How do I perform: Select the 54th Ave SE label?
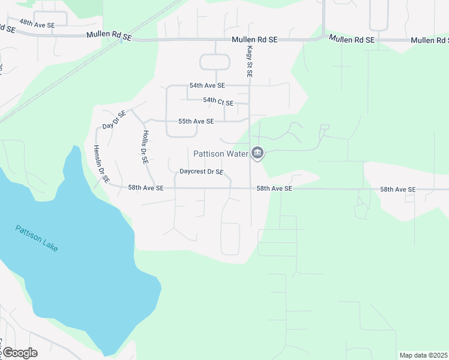tap(206, 86)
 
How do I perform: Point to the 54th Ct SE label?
tap(218, 100)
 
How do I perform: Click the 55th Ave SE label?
tap(196, 121)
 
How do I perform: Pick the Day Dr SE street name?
tap(114, 120)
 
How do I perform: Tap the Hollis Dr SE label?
tap(145, 147)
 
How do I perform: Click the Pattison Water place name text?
tap(220, 154)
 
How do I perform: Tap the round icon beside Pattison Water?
tap(258, 154)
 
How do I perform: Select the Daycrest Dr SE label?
tap(201, 172)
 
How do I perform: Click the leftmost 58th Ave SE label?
tap(145, 188)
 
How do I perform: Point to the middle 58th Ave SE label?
tap(274, 188)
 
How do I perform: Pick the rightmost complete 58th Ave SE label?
tap(397, 190)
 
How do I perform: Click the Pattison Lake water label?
tap(37, 238)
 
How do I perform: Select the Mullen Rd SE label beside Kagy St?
tap(255, 40)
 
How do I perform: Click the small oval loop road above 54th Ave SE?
tap(214, 62)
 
